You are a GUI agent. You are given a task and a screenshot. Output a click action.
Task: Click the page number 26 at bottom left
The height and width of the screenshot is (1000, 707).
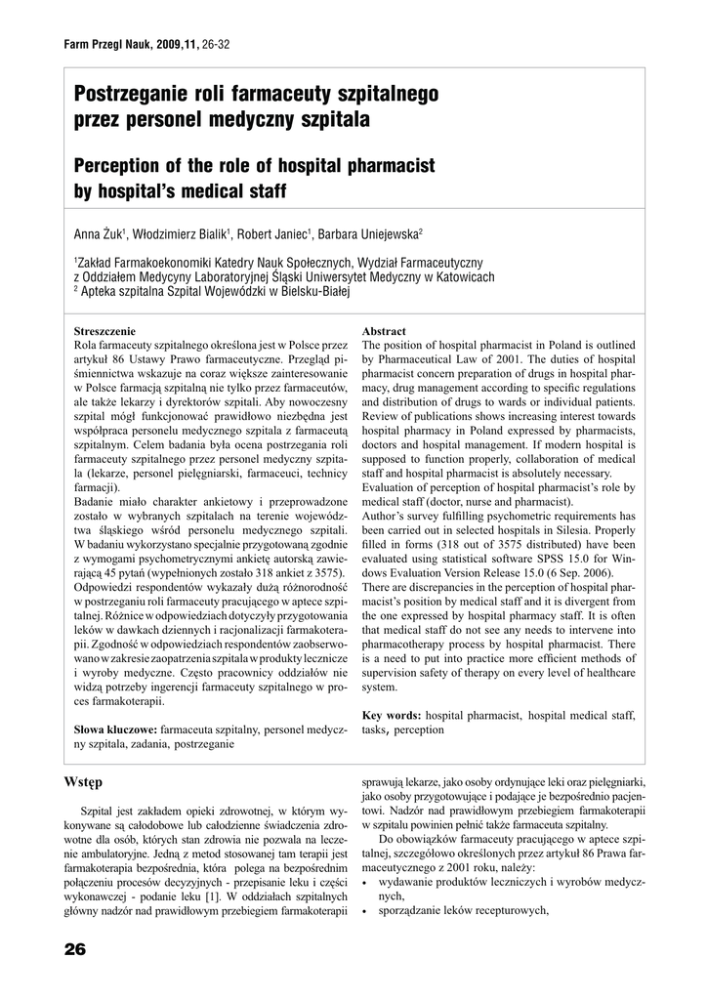coord(75,949)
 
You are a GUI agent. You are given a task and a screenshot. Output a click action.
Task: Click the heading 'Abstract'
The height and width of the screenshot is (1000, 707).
coord(384,331)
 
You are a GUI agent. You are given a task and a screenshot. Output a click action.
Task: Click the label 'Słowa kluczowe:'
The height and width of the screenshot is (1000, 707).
coord(116,729)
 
